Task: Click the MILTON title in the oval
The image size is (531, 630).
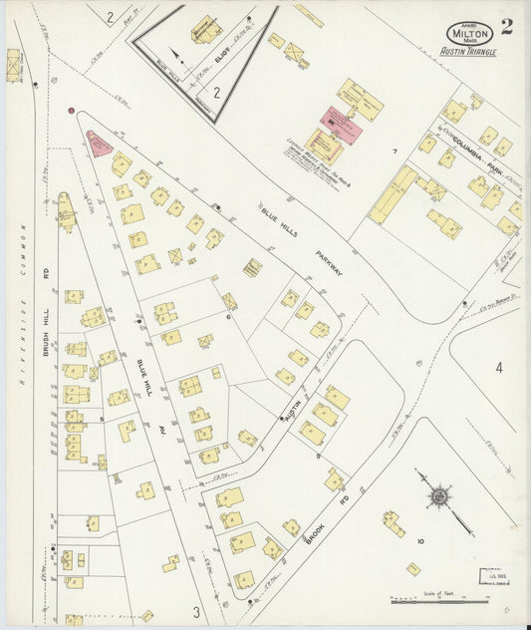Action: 468,32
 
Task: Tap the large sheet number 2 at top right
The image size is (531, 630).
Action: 506,27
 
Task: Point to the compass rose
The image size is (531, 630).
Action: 438,494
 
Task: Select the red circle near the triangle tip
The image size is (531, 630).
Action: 71,112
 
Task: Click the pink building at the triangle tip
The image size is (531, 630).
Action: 99,144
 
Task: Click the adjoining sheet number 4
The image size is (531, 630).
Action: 499,368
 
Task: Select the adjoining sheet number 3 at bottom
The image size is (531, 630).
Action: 196,611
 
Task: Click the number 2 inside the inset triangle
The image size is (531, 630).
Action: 216,92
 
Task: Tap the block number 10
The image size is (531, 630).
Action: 420,541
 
